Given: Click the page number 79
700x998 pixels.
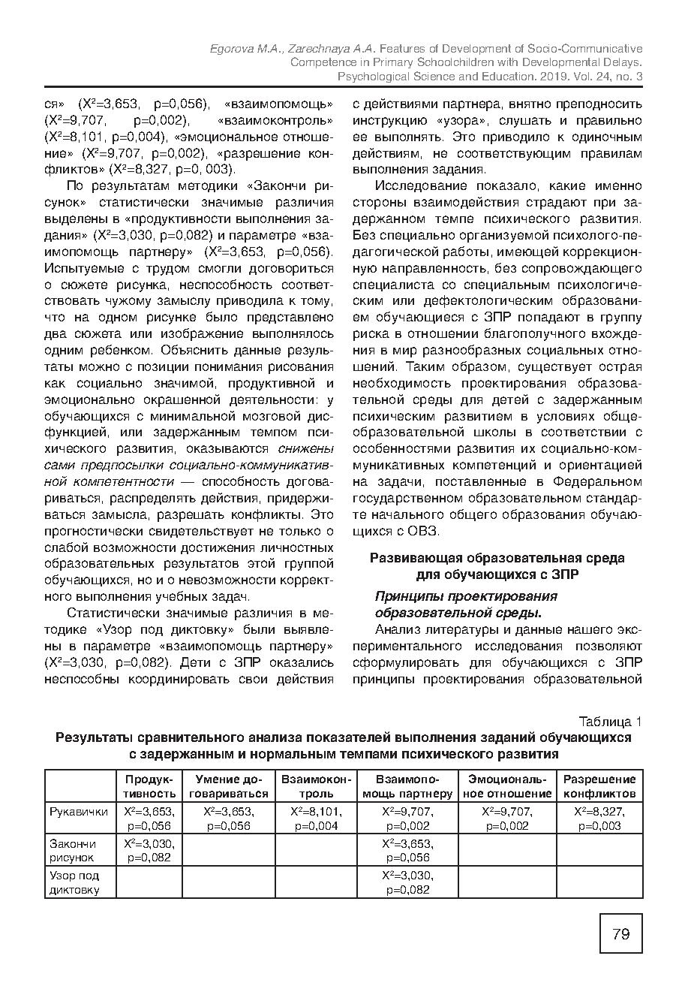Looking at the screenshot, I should click(621, 934).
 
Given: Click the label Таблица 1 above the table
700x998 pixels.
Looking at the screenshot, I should click(611, 722).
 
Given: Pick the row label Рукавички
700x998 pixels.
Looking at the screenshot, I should click(79, 812).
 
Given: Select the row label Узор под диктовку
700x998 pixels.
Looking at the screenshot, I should click(74, 882).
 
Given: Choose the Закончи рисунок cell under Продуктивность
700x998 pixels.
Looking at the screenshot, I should click(149, 850).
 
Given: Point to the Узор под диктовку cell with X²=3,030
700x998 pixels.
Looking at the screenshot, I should click(407, 882).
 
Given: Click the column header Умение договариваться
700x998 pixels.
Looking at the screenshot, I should click(228, 786).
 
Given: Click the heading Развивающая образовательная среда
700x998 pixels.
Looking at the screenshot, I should click(497, 558).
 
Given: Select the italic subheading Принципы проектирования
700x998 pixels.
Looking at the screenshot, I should click(466, 596).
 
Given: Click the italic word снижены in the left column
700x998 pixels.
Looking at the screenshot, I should click(306, 449).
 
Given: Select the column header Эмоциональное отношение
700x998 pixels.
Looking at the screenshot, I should click(507, 786).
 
